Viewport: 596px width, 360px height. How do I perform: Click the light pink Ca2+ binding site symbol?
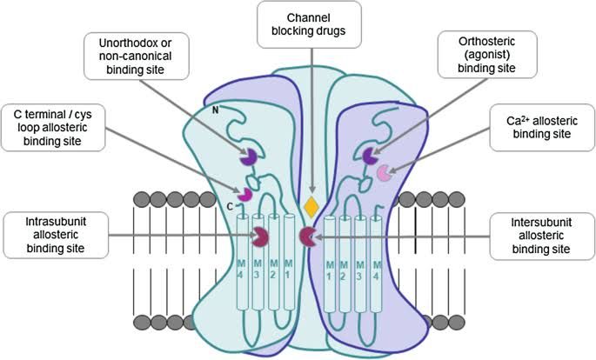click(x=383, y=175)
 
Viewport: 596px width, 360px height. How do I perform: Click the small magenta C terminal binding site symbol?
click(x=246, y=192)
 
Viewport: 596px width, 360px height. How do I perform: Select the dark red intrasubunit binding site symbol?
click(x=259, y=236)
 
